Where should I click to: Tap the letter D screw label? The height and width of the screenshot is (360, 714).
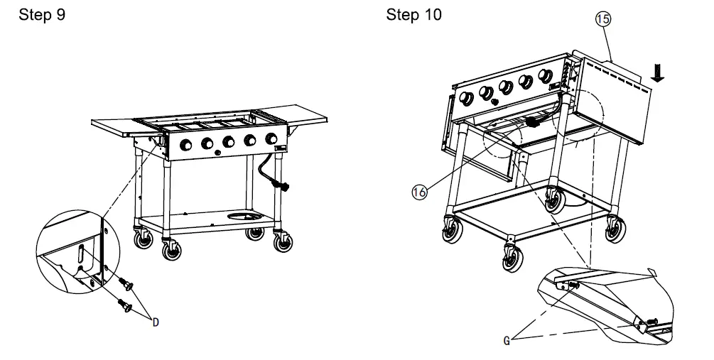[155, 322]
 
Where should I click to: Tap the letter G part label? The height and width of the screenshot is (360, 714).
[507, 340]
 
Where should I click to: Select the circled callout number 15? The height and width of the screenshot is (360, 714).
[602, 20]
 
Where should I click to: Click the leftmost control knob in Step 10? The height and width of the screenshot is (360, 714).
[467, 98]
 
